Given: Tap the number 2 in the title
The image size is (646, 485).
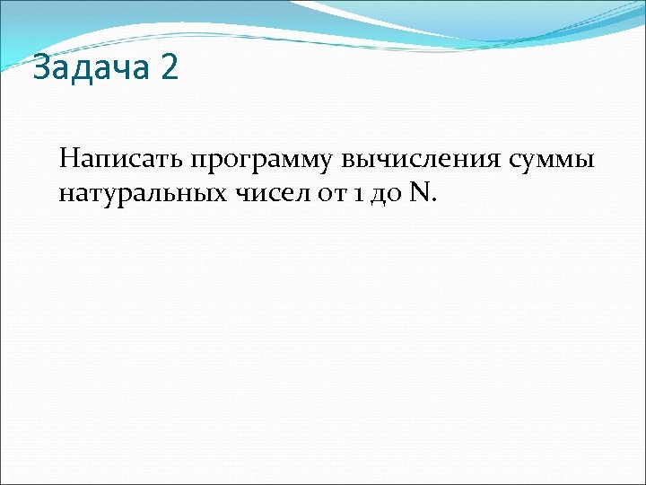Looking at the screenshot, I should click(x=169, y=69).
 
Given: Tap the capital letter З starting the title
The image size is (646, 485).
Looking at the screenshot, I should click(x=40, y=69).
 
